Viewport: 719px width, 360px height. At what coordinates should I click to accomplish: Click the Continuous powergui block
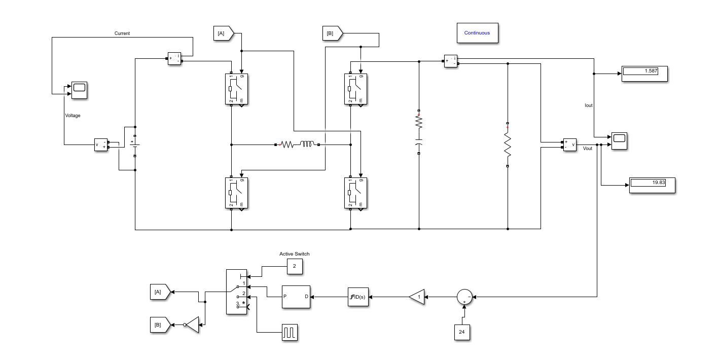click(477, 33)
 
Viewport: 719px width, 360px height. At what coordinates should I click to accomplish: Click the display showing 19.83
click(652, 185)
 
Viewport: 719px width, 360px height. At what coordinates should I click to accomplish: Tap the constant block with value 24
click(461, 332)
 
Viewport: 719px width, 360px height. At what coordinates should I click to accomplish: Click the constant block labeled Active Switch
click(294, 266)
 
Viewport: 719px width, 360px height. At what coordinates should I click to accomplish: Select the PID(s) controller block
click(358, 297)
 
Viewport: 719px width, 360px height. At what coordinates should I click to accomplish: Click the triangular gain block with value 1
click(417, 297)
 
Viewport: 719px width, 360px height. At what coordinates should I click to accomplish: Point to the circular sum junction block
click(464, 297)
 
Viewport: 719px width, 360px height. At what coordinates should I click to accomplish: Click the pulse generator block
click(290, 332)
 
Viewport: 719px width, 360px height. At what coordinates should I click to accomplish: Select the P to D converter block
click(296, 297)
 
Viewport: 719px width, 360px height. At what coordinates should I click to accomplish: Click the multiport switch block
click(236, 292)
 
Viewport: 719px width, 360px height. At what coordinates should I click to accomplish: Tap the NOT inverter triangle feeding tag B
click(192, 325)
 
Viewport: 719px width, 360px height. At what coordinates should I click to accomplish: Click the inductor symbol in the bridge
click(307, 145)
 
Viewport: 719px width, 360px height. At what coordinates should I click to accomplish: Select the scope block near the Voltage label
click(79, 90)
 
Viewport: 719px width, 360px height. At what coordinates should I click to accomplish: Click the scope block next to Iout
click(619, 140)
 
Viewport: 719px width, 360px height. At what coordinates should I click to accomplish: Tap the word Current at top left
click(122, 33)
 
